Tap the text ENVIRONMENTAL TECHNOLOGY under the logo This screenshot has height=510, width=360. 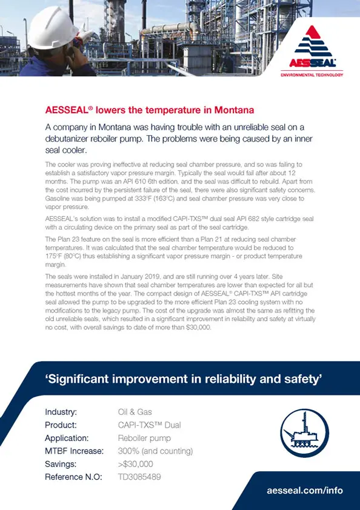click(x=312, y=75)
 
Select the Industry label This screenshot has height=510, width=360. click(x=61, y=412)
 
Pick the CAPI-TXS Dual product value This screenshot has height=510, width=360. click(x=149, y=425)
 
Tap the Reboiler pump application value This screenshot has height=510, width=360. click(x=144, y=438)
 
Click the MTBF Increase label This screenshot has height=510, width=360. click(x=74, y=451)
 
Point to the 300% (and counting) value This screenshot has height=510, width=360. click(x=155, y=451)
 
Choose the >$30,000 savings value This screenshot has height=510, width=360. click(x=136, y=464)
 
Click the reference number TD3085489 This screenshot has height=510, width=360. click(x=139, y=477)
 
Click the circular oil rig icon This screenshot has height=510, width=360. click(x=305, y=431)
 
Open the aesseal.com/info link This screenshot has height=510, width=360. click(x=305, y=490)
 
